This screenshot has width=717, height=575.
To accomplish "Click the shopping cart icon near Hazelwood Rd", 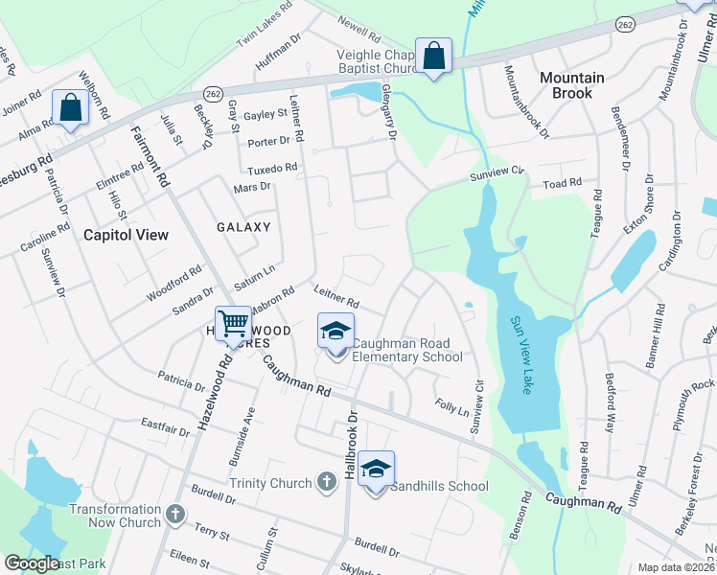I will pyautogui.click(x=233, y=324).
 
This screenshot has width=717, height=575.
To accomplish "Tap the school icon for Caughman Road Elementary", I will pyautogui.click(x=335, y=332).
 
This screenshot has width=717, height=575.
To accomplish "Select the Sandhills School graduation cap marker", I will pyautogui.click(x=377, y=469).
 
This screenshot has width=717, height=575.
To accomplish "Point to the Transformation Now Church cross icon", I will pyautogui.click(x=174, y=515).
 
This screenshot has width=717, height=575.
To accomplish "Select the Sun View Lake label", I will pyautogui.click(x=520, y=355).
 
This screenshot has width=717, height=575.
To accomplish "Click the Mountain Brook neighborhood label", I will pyautogui.click(x=571, y=85).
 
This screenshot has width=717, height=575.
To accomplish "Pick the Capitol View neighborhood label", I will pyautogui.click(x=126, y=235).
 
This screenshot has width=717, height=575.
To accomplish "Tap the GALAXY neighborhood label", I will pyautogui.click(x=243, y=227).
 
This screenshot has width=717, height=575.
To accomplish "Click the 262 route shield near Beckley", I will pyautogui.click(x=213, y=93).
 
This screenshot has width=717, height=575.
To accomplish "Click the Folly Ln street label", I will pyautogui.click(x=451, y=408).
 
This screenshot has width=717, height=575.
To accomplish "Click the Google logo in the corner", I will pyautogui.click(x=31, y=563).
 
